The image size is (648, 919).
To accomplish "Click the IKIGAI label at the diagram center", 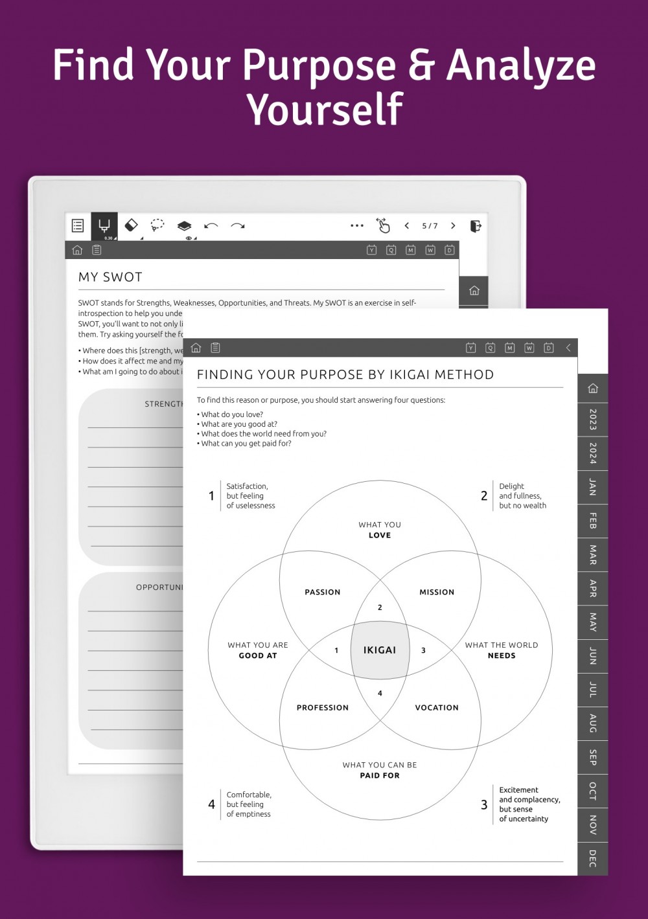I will [x=380, y=650].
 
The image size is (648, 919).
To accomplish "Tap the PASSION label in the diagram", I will [x=323, y=592].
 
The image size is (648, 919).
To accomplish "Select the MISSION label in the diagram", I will [x=437, y=592].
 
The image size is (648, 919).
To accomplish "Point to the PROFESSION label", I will [x=323, y=708].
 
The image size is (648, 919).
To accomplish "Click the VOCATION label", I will [x=437, y=708].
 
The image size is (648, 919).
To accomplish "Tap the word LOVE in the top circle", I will [x=380, y=536].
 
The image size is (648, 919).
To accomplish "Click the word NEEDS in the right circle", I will [x=502, y=655].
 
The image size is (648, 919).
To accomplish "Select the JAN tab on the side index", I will [x=592, y=487].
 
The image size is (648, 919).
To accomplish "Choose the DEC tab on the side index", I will [x=592, y=858].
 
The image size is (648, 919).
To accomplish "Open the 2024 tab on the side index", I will [x=592, y=453].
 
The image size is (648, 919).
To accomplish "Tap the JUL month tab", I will [x=592, y=690].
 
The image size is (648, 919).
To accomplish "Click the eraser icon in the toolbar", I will [x=131, y=225].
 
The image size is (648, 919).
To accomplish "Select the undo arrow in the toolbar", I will [x=211, y=226].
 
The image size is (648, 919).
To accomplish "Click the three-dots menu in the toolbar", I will [x=357, y=226].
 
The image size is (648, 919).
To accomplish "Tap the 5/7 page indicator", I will [x=430, y=226].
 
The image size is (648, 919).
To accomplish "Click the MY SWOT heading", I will [x=110, y=277].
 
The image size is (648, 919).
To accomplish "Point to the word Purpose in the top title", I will [x=319, y=65].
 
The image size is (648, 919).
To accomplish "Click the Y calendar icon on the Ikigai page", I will [x=471, y=348].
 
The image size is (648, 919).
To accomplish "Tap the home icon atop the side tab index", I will [x=592, y=389].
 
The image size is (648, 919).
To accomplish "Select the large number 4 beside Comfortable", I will [x=211, y=804].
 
